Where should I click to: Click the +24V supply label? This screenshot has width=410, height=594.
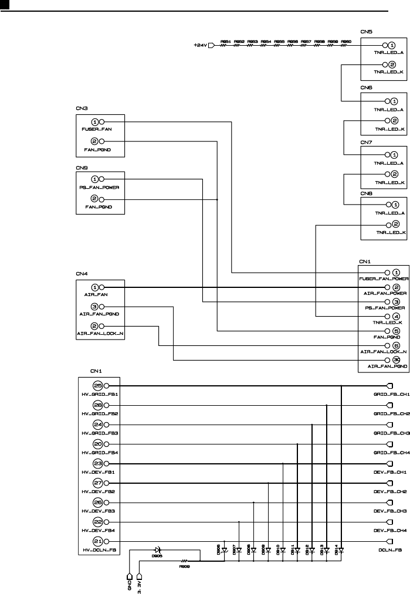coord(200,45)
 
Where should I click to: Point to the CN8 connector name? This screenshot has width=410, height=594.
coord(366,193)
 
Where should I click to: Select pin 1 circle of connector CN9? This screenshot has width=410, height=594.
coord(95,179)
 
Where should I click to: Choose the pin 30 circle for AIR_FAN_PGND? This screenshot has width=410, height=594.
coord(397,376)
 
